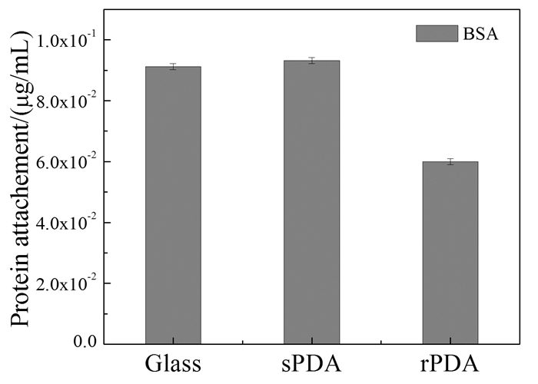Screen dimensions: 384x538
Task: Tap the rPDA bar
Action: pos(450,253)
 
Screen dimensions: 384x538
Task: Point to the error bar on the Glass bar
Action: pos(173,67)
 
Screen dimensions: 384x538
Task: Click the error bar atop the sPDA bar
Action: pos(311,61)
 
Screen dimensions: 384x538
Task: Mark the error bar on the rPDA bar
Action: pos(450,161)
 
